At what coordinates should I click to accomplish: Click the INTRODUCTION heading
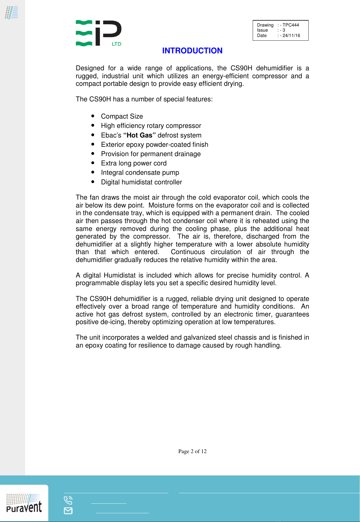[192, 51]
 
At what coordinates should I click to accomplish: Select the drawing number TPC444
[291, 25]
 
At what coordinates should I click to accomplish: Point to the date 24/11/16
[291, 36]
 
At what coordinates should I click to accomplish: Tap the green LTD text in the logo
[117, 44]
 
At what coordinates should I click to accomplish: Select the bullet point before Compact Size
[93, 116]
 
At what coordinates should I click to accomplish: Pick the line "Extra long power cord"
[134, 163]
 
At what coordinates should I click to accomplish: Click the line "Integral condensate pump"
[140, 172]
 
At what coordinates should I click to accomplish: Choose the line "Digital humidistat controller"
[141, 182]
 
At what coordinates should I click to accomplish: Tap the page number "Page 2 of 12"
[192, 451]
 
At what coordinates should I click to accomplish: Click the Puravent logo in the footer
[24, 504]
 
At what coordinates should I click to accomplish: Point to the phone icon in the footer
[68, 500]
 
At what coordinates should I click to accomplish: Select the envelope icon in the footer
[68, 511]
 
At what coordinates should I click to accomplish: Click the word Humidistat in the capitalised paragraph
[120, 275]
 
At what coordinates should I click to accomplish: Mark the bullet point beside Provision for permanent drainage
[93, 153]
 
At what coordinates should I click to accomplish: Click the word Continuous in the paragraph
[188, 252]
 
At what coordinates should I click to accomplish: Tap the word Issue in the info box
[262, 30]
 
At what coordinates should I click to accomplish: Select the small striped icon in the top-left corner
[12, 13]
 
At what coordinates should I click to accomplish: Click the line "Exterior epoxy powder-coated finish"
[154, 145]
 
